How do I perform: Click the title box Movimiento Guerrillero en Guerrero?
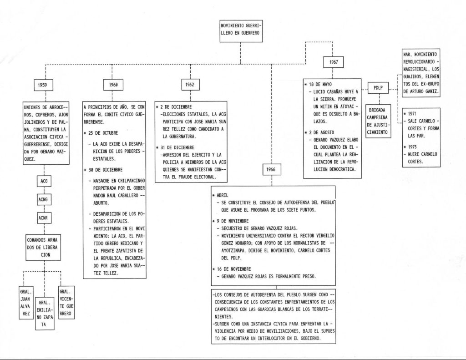point(240,32)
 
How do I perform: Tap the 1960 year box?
point(114,85)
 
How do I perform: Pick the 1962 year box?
point(191,85)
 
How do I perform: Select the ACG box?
point(44,181)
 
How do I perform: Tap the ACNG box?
point(44,199)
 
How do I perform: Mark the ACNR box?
point(44,218)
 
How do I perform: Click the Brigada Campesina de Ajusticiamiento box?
point(377,121)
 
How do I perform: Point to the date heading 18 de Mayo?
point(320,84)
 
